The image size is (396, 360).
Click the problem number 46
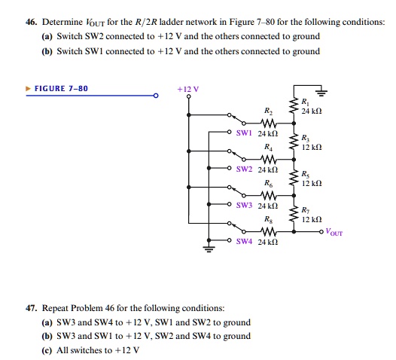[11, 22]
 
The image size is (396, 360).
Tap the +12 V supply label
[187, 88]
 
